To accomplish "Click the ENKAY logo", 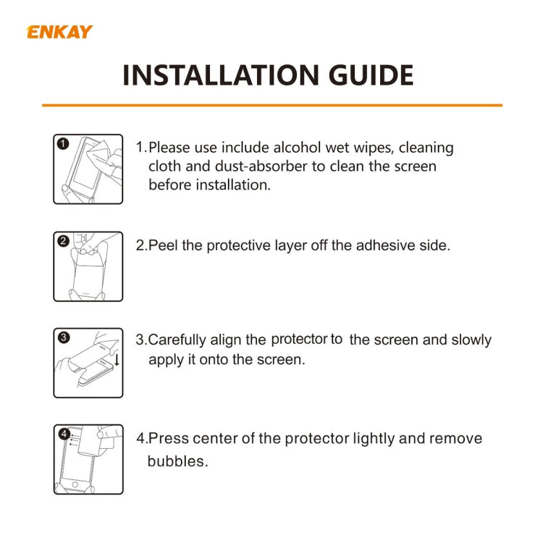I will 59,32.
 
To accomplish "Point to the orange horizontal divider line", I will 271,106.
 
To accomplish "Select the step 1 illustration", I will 88,169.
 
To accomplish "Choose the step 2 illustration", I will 88,266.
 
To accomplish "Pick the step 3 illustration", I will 88,362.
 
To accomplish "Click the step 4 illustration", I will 88,460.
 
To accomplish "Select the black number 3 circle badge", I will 63,337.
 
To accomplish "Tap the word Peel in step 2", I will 164,245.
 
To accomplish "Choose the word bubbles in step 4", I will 177,461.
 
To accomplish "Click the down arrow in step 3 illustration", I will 117,359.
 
